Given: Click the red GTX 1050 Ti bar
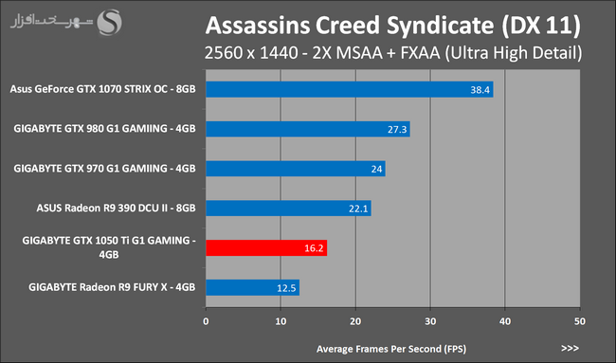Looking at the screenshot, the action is pos(266,248).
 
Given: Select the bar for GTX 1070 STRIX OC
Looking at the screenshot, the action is pos(350,89).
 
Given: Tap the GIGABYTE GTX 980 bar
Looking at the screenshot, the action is pos(308,129).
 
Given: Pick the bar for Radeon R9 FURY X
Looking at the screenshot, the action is pos(253,287).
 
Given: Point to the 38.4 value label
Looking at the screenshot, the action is pos(480,90).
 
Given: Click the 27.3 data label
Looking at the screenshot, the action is pos(397,130).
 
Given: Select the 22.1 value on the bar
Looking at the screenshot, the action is pos(358,209).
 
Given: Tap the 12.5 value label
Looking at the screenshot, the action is pos(286,288).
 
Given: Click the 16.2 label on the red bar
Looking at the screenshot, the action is pos(314,248).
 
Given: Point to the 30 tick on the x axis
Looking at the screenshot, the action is pos(430,321).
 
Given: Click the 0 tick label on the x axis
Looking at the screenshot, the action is pos(206,321).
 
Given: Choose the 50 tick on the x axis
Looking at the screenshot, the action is pos(580,321).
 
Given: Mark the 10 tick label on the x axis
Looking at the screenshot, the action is pos(281,321).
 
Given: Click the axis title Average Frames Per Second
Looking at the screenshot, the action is pos(391,349).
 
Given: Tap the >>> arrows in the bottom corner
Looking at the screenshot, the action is pos(570,348).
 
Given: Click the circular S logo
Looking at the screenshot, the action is pos(110,23).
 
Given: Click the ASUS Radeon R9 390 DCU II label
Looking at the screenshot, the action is pos(116,208).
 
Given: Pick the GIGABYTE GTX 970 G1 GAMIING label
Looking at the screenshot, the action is pos(104,169).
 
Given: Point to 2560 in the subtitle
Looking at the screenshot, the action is pos(224,53).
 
